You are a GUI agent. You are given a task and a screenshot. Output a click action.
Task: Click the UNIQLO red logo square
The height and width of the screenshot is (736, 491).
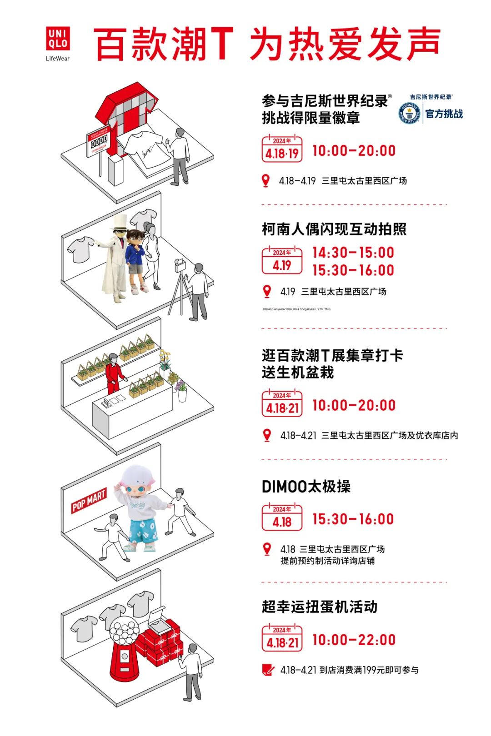click(58, 39)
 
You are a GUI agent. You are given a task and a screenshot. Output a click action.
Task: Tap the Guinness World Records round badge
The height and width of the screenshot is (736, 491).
click(409, 113)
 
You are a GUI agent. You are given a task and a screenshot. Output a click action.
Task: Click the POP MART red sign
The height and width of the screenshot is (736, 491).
click(89, 500)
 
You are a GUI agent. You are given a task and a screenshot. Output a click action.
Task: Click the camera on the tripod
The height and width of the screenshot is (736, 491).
click(180, 265)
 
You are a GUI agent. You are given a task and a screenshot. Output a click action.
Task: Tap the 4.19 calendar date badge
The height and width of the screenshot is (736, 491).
click(282, 261)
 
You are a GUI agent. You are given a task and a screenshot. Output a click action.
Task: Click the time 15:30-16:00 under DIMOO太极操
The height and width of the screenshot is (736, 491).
click(353, 519)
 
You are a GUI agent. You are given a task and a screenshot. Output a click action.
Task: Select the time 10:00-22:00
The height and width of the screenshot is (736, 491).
click(354, 640)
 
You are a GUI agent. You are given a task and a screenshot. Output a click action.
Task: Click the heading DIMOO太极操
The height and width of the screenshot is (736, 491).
click(306, 487)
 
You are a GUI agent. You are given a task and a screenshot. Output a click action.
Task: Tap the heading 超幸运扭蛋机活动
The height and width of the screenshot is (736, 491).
click(320, 607)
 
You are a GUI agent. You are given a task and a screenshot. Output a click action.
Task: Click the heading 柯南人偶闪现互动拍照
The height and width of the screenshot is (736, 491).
click(334, 229)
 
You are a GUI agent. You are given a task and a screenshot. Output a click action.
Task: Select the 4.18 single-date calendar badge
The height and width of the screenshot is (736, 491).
click(282, 518)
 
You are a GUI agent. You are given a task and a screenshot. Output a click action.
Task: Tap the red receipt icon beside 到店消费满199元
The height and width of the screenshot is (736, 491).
click(268, 670)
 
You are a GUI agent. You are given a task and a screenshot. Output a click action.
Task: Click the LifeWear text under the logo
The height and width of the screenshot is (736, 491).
click(58, 58)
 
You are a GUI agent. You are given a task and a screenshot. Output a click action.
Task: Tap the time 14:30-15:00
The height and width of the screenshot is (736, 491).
click(353, 253)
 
